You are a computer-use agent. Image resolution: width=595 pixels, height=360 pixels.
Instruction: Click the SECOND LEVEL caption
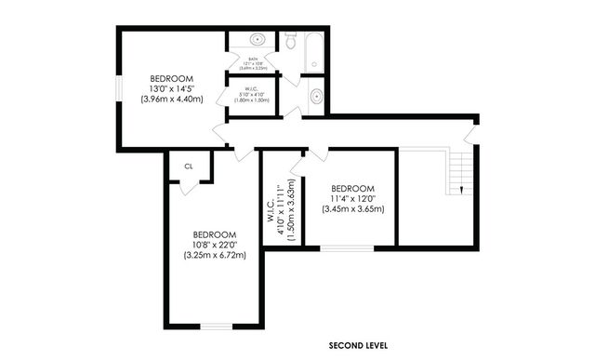[x=358, y=345]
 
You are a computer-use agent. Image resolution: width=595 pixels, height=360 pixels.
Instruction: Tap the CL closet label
[x=189, y=167]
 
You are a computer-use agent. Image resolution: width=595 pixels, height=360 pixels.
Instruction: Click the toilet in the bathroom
[x=290, y=41]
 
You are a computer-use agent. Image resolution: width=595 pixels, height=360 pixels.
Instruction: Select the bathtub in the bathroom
[x=313, y=51]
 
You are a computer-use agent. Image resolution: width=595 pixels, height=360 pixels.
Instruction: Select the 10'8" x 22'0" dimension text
[x=215, y=245]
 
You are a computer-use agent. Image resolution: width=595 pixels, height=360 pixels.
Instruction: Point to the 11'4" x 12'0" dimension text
[x=352, y=198]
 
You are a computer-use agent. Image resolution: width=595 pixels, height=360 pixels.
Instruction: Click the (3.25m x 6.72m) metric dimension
[x=215, y=255]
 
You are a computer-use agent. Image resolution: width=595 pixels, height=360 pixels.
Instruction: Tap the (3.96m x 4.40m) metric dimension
[x=172, y=99]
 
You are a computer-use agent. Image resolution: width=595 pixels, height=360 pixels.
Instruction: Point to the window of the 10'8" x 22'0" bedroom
[x=215, y=325]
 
